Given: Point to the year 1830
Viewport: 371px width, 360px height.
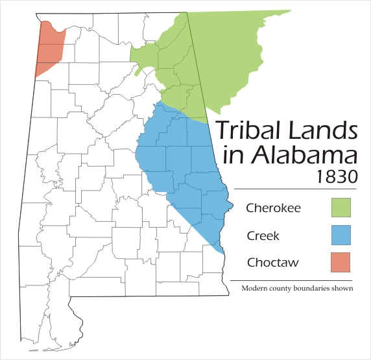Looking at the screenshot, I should tap(339, 175).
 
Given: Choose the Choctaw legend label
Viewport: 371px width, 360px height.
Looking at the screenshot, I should tap(269, 263).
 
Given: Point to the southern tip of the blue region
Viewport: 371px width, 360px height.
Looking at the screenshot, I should tap(222, 252).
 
